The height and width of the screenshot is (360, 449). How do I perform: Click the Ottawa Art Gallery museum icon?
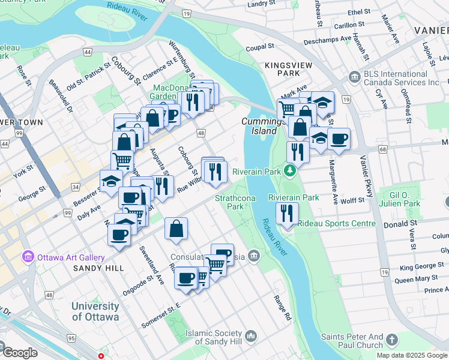click(27, 257)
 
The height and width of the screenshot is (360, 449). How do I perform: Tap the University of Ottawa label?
click(95, 311)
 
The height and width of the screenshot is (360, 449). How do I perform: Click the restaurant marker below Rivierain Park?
click(288, 214)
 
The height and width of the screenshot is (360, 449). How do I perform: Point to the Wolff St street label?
click(353, 200)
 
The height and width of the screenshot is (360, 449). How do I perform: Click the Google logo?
click(20, 353)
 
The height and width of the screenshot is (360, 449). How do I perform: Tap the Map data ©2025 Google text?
click(412, 355)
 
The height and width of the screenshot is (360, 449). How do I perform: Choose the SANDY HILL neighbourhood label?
click(98, 268)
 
